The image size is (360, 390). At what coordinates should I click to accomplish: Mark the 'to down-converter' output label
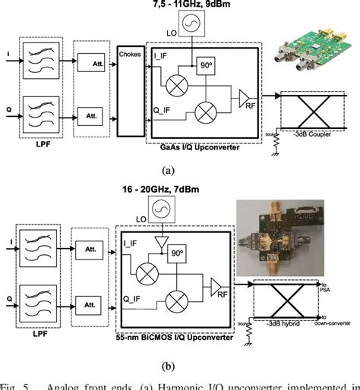point(335,321)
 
